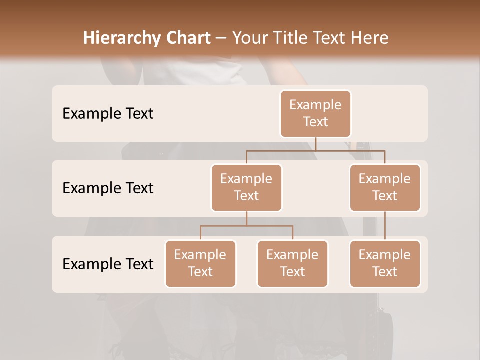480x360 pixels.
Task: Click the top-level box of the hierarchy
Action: pyautogui.click(x=315, y=114)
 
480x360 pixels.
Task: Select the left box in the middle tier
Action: pyautogui.click(x=246, y=188)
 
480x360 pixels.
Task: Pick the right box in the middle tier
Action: pyautogui.click(x=385, y=188)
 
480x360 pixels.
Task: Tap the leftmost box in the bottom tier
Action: pyautogui.click(x=200, y=264)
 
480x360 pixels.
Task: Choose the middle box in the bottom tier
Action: pyautogui.click(x=292, y=264)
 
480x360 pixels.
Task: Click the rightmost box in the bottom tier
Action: pyautogui.click(x=385, y=264)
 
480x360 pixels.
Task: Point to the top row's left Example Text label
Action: pyautogui.click(x=108, y=114)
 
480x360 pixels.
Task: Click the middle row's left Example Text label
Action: pyautogui.click(x=108, y=188)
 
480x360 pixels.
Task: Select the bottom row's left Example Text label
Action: pyautogui.click(x=108, y=264)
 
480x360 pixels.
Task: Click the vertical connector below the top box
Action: pyautogui.click(x=315, y=144)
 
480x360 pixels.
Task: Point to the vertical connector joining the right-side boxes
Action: pyautogui.click(x=385, y=226)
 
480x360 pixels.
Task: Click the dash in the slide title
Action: pyautogui.click(x=221, y=38)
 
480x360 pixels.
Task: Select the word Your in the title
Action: pyautogui.click(x=250, y=38)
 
